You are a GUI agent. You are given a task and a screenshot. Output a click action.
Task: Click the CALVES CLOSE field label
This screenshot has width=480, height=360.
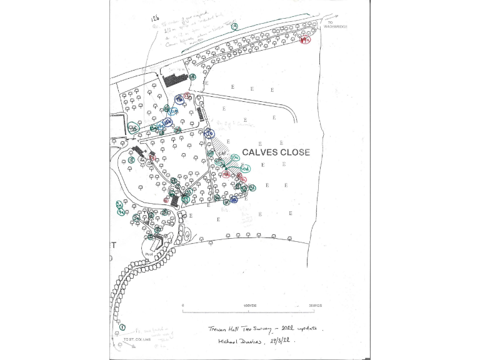point(276,152)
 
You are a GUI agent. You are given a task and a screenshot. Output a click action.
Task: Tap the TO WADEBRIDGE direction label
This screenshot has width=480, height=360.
point(336,25)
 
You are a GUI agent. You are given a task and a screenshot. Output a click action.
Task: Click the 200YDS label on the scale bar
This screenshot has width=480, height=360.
point(314,306)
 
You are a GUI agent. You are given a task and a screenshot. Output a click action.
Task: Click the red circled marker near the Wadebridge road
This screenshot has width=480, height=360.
point(305,40)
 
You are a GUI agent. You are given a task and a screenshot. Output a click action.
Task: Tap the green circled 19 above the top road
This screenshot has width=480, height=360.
point(234,27)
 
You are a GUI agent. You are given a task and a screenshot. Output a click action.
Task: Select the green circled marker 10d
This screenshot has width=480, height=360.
point(246,169)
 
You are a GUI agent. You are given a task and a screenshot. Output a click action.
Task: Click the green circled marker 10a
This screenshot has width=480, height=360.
point(234,158)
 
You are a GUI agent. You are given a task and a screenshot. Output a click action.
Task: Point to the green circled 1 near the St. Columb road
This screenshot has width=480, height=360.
point(122,327)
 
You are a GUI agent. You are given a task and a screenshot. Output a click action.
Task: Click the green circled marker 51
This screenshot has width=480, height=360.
point(252,188)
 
